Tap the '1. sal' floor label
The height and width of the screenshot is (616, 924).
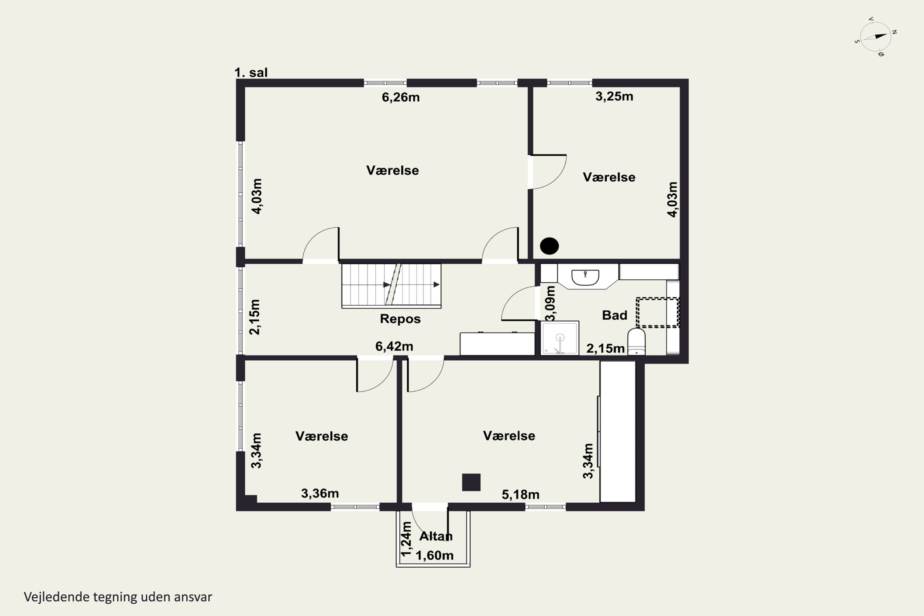tap(251, 73)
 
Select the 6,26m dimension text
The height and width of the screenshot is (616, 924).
tap(401, 97)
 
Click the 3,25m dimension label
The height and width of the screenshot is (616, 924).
tap(614, 96)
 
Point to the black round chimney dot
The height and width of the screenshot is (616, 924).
tap(549, 246)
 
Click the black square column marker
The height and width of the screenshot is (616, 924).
tap(471, 482)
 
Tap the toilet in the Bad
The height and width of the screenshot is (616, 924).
tap(636, 342)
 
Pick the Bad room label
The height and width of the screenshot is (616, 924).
tap(614, 315)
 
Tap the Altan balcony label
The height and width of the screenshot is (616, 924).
tap(436, 536)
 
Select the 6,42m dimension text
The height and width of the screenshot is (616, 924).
tap(394, 346)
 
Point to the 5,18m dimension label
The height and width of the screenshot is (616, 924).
tap(521, 494)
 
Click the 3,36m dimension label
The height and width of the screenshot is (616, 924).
tap(320, 493)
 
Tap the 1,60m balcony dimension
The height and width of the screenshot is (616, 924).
tap(435, 555)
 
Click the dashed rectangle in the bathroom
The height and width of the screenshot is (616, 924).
tap(657, 313)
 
